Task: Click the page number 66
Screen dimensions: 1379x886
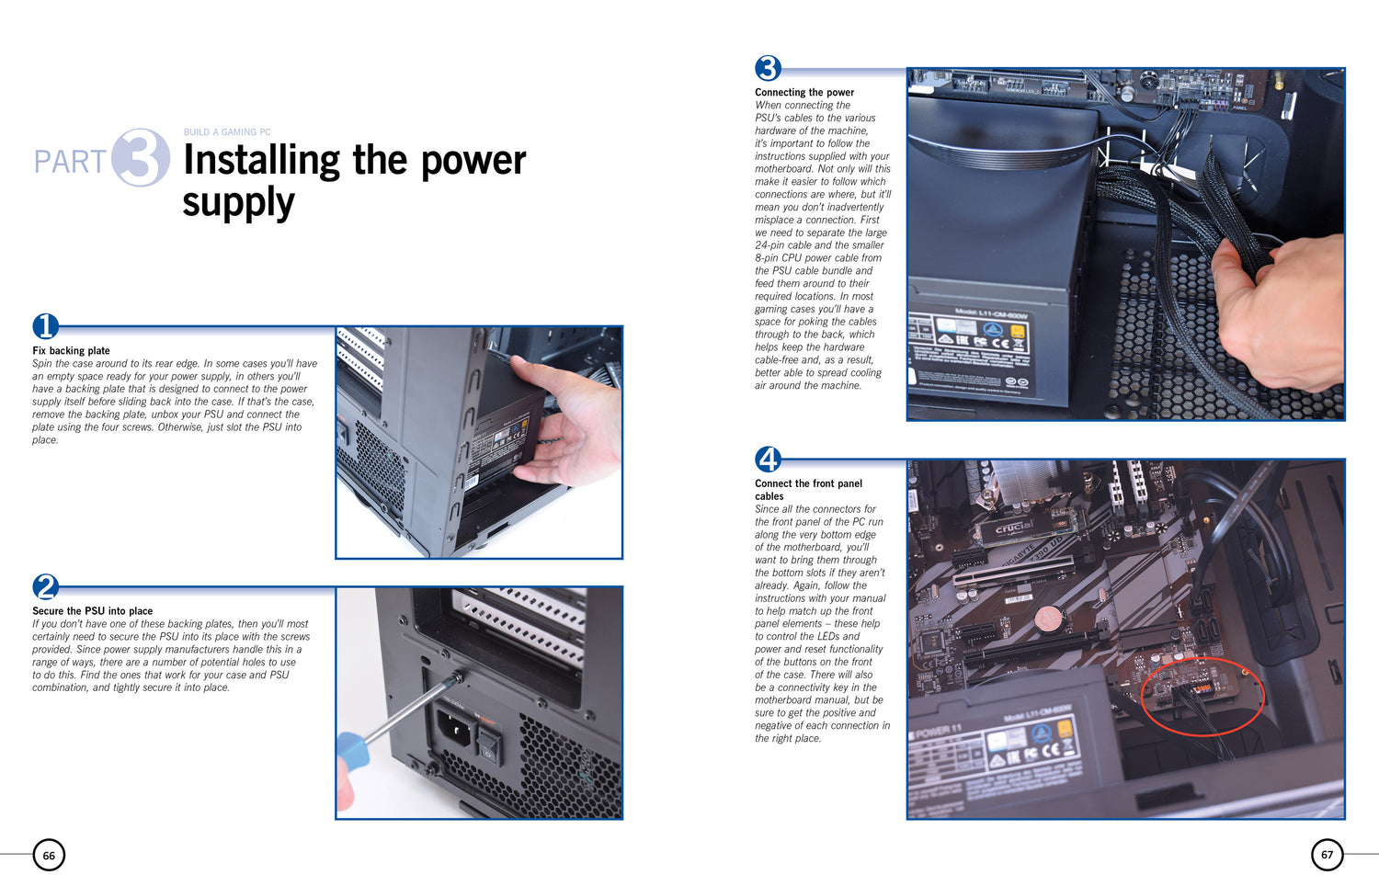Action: coord(49,856)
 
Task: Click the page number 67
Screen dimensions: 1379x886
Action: coord(1327,855)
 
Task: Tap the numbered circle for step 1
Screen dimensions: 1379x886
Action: coord(46,326)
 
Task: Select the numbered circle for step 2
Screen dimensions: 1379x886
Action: coord(46,587)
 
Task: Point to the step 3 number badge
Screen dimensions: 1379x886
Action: coord(768,68)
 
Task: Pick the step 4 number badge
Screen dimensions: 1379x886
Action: coord(768,460)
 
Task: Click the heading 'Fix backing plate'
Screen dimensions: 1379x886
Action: coord(71,351)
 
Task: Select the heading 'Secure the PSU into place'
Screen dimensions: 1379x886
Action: coord(92,611)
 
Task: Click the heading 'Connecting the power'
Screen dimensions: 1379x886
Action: coord(804,92)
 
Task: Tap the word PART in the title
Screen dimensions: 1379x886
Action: coord(70,162)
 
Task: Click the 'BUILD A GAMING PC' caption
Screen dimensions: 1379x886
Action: coord(227,132)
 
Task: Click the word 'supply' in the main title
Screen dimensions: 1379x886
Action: coord(239,203)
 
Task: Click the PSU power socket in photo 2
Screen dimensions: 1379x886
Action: coord(455,728)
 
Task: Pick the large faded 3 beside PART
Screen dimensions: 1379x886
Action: coord(141,157)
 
